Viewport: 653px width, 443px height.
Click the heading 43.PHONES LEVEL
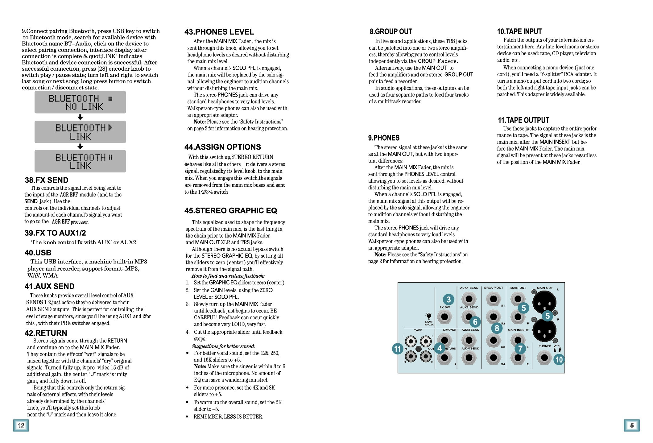[x=219, y=32]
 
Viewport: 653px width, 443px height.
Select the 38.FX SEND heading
[x=47, y=180]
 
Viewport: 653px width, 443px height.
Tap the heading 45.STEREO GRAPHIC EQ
[x=231, y=211]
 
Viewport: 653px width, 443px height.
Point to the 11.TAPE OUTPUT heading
[x=523, y=120]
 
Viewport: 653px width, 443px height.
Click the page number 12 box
[x=21, y=425]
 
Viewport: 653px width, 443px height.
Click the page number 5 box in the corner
[x=632, y=425]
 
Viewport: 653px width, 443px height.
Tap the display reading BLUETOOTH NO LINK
[x=80, y=102]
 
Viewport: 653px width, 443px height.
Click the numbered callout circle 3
[x=448, y=299]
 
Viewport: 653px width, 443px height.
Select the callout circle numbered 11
[x=398, y=349]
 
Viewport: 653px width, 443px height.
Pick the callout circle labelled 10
[x=559, y=359]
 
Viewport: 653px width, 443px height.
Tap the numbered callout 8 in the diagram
[x=497, y=328]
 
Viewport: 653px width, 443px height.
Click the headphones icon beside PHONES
[x=557, y=349]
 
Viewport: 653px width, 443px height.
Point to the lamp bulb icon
[x=429, y=316]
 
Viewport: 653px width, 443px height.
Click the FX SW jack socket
[x=444, y=317]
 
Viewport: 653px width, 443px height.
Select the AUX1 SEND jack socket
[x=469, y=299]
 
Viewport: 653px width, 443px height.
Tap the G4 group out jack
[x=493, y=358]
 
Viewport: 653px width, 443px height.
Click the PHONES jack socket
[x=544, y=358]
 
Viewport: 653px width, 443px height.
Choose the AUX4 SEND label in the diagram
[x=470, y=349]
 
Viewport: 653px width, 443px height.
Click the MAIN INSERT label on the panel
[x=518, y=330]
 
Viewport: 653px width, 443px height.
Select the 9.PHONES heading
[x=384, y=138]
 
